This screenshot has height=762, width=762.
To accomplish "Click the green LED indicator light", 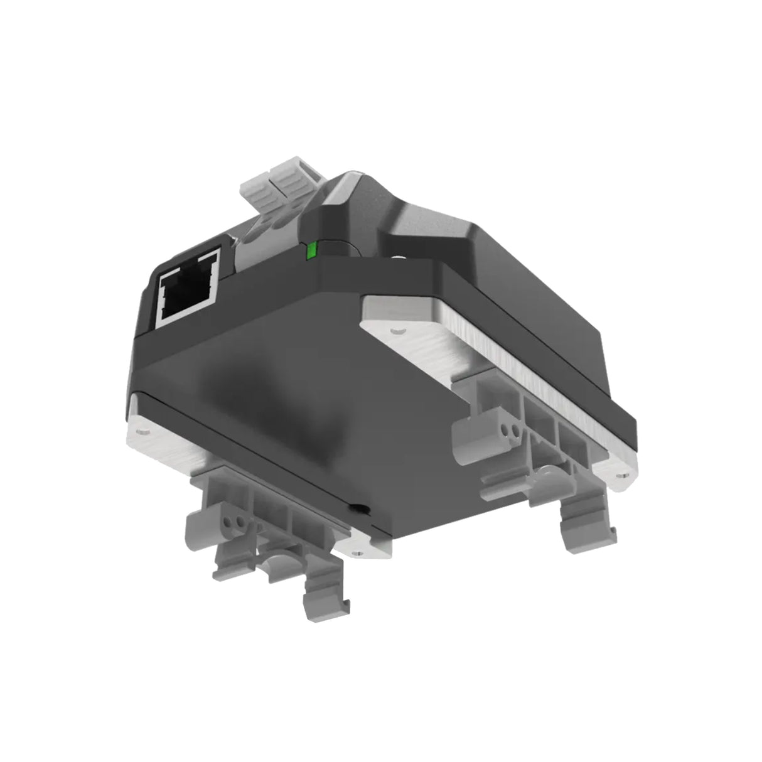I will click(310, 252).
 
